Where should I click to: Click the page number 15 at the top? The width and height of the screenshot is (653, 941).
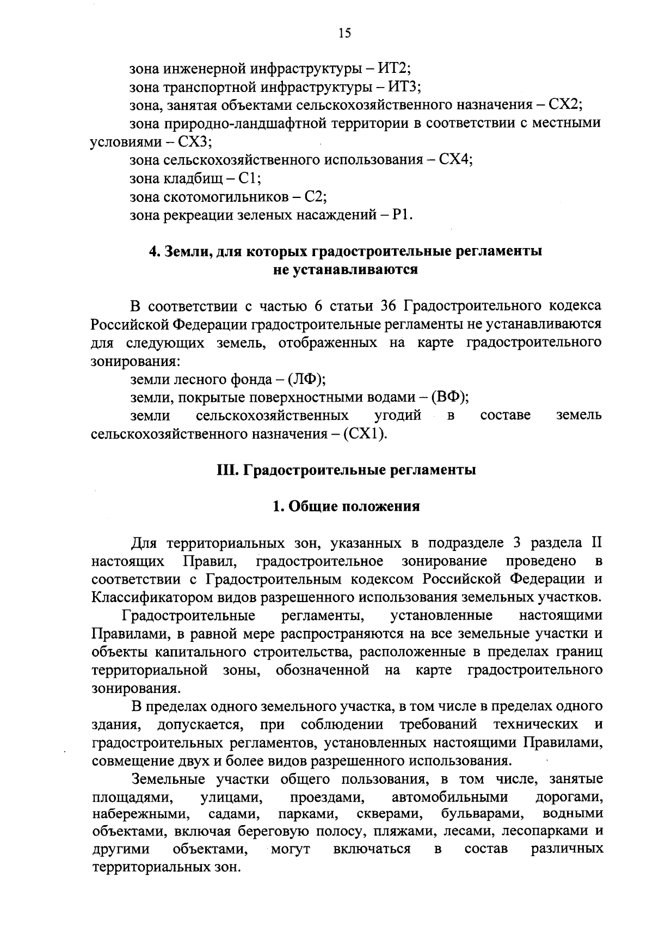click(x=344, y=34)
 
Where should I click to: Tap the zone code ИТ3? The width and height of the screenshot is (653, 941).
click(x=405, y=87)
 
